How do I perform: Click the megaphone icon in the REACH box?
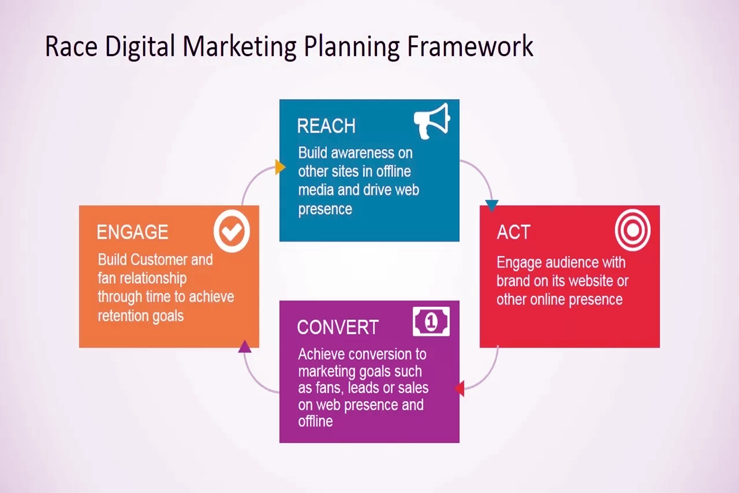432,121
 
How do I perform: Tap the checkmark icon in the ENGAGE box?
232,231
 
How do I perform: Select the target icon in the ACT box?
632,230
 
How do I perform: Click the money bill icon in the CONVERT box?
431,321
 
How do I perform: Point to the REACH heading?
326,126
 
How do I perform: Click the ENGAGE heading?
132,232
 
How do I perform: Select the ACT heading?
514,232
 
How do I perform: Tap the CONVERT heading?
337,327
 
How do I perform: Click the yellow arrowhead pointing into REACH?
280,167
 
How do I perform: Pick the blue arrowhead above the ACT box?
491,205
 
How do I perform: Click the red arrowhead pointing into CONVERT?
460,388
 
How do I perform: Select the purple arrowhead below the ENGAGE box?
244,346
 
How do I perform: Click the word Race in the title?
71,47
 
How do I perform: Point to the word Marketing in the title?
240,48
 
